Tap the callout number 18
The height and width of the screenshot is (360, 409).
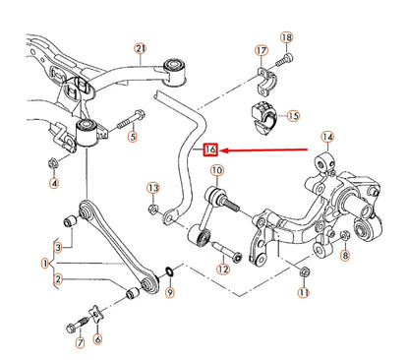(287, 37)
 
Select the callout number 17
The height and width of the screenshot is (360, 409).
(261, 50)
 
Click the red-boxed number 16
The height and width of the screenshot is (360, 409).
(208, 150)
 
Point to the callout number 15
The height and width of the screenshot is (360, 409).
(291, 117)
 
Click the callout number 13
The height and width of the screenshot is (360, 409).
(152, 187)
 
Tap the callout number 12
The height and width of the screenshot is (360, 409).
(223, 269)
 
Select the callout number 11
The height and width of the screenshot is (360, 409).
(304, 293)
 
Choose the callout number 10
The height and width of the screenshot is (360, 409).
(217, 170)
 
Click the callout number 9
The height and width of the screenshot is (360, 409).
(171, 292)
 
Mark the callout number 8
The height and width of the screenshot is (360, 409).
(345, 256)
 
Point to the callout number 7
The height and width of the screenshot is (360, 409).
(80, 344)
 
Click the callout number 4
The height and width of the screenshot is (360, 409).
(55, 182)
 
